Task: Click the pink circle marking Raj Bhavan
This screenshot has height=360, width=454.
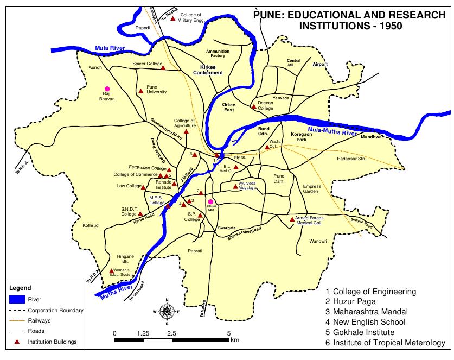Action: (x=107, y=89)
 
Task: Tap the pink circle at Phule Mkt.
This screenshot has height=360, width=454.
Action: (x=210, y=202)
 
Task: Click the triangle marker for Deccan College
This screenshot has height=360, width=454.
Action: (x=253, y=106)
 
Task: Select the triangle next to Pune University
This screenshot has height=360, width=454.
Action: (x=140, y=90)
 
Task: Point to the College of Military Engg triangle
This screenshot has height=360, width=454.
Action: (x=173, y=18)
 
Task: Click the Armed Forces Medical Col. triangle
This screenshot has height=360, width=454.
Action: (x=292, y=219)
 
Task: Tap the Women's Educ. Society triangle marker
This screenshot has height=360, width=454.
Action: (x=112, y=271)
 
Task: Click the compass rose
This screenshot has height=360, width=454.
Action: (x=168, y=311)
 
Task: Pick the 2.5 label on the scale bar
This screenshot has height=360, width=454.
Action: (x=171, y=333)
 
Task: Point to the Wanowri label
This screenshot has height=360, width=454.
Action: (x=318, y=241)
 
